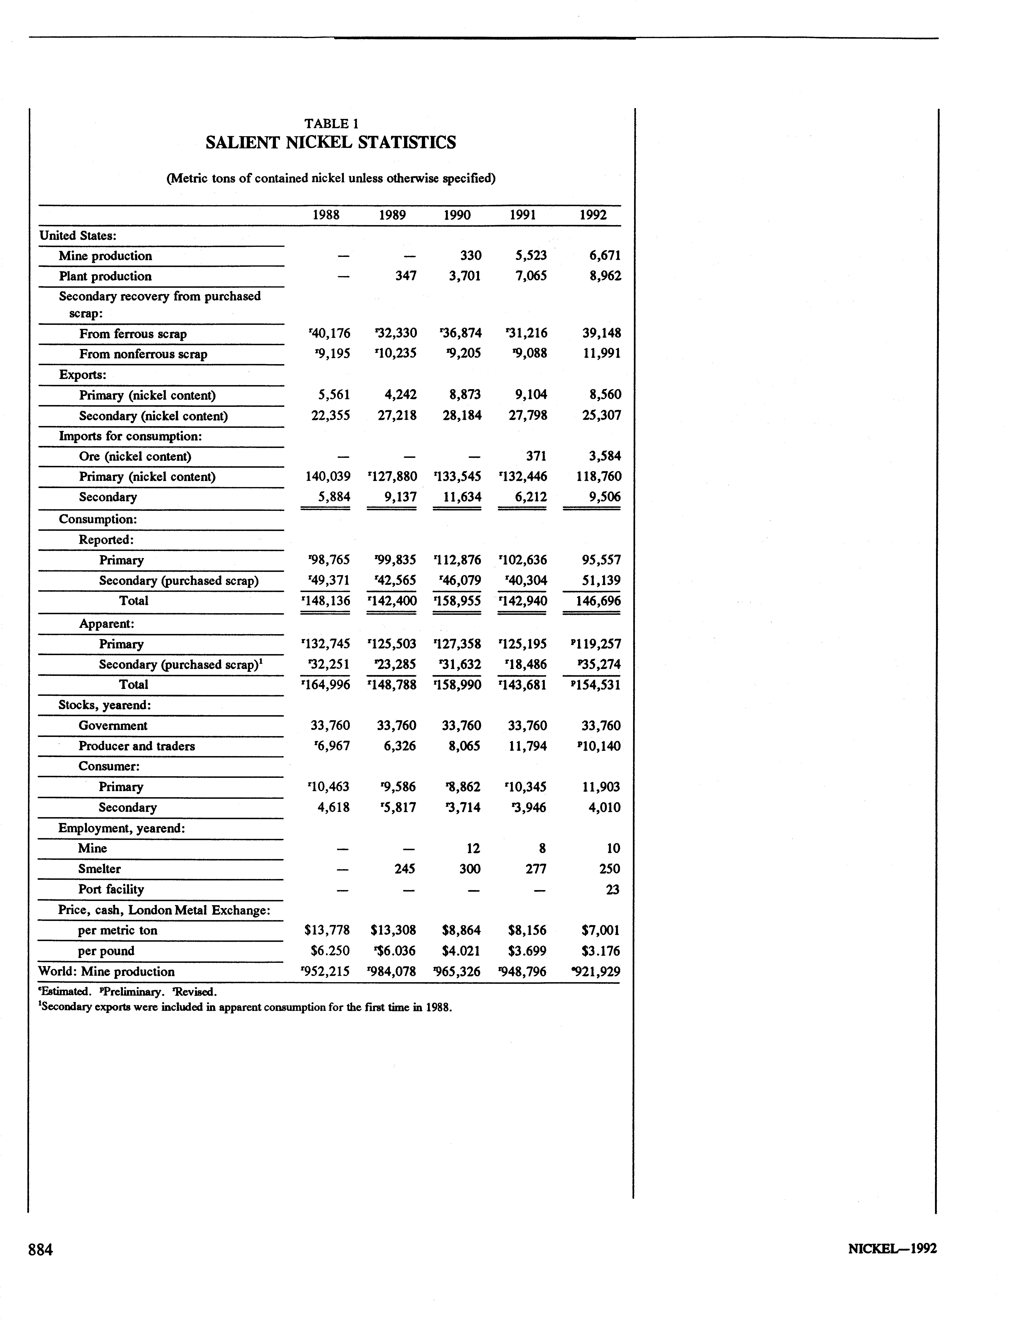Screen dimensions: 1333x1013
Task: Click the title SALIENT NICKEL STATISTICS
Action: (330, 143)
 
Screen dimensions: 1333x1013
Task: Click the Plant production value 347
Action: (405, 276)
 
